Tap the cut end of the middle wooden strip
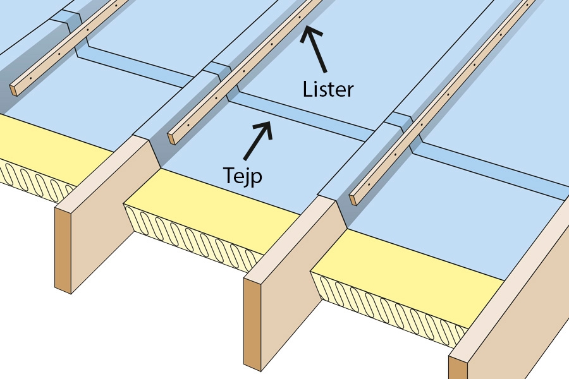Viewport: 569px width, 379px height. (x=171, y=138)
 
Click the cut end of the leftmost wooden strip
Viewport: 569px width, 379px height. (x=14, y=89)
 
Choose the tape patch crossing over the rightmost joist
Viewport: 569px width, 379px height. (x=400, y=119)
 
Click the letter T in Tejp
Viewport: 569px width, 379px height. (x=229, y=174)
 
